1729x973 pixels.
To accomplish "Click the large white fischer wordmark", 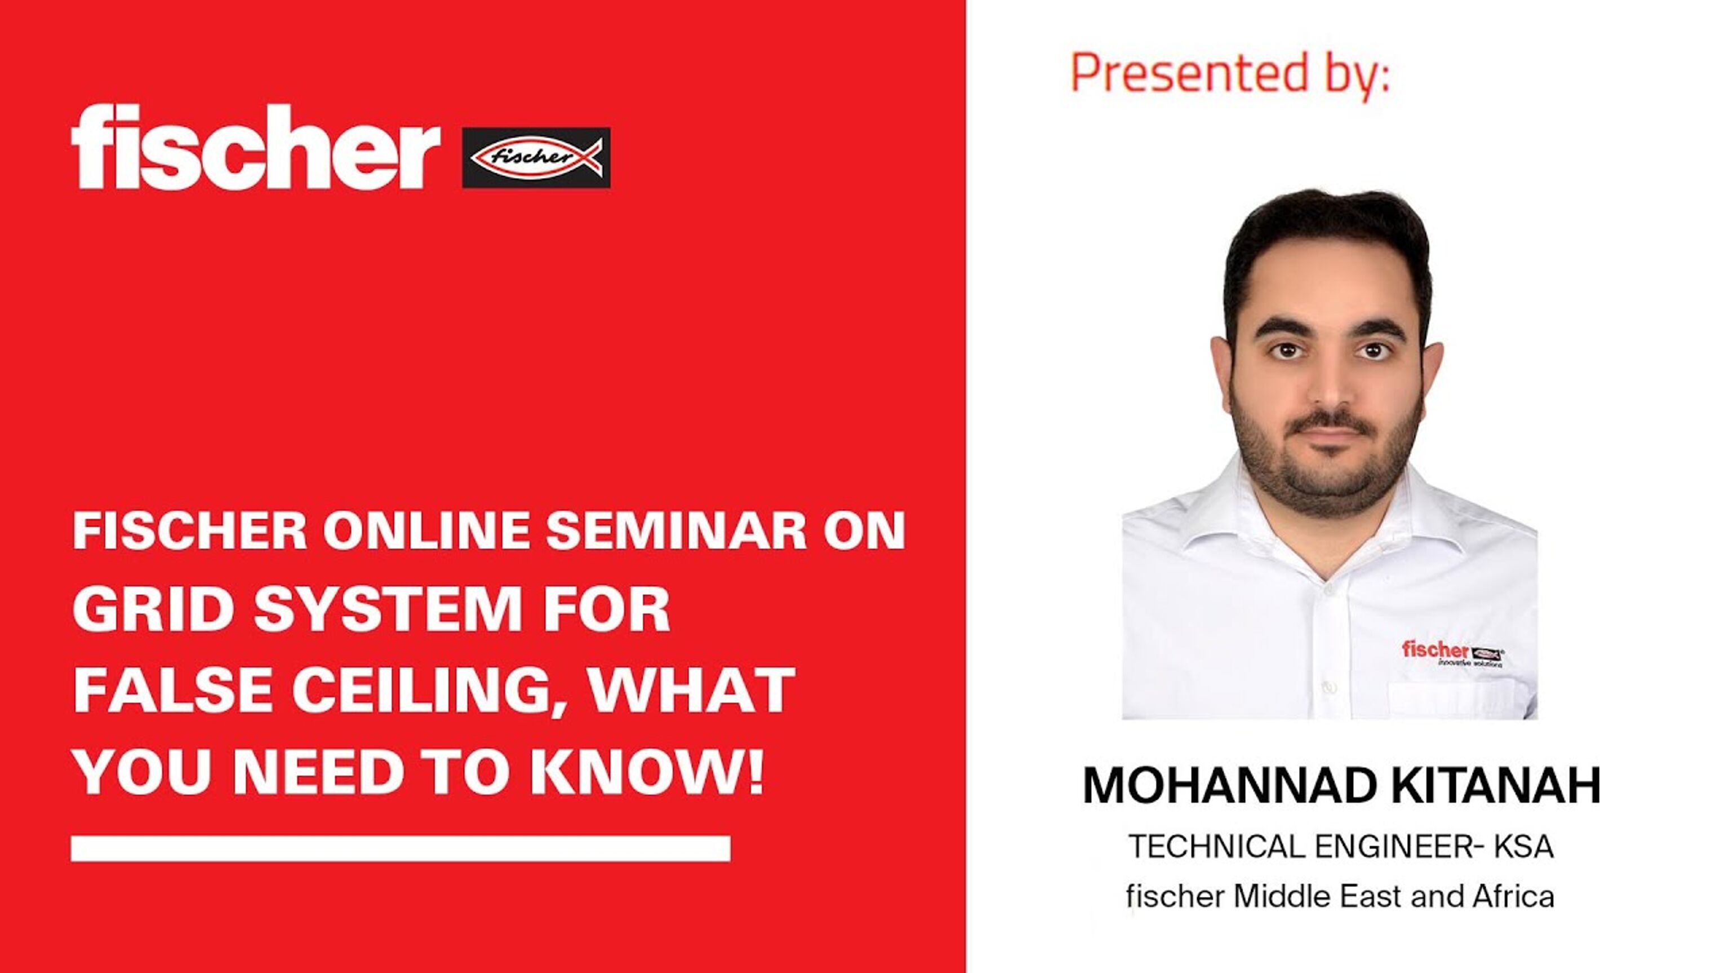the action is pos(256,147).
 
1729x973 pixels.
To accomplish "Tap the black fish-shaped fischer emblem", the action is pos(536,157).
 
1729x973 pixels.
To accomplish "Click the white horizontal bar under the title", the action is pos(401,849).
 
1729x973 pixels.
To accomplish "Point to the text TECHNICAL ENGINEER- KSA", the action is pos(1341,847).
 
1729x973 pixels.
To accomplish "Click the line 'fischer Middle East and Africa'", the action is pos(1340,896).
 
